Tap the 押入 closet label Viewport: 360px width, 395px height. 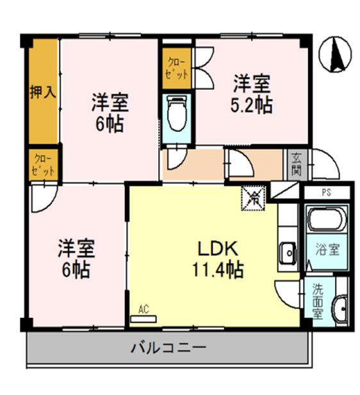click(43, 91)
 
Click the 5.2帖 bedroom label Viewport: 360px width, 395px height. click(251, 94)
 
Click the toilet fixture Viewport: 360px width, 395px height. click(175, 113)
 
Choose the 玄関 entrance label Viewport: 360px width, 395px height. click(295, 164)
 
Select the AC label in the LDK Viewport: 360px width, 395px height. click(143, 309)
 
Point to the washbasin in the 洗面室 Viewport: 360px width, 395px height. click(340, 308)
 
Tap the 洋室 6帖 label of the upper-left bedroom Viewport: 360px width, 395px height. click(110, 112)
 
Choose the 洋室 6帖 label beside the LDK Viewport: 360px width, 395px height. click(76, 258)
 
